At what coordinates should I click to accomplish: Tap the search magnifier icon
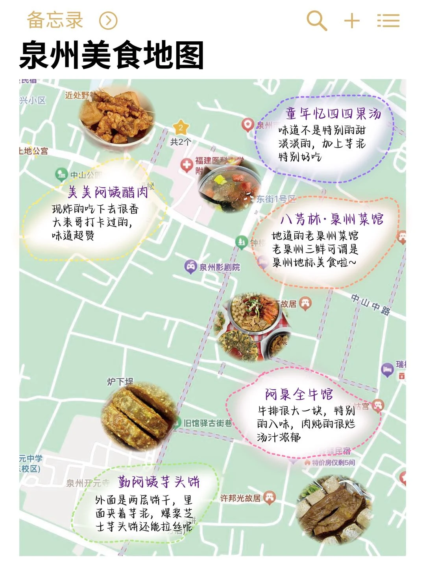(316, 20)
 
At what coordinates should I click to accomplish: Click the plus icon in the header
(352, 20)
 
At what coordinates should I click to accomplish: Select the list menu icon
(388, 20)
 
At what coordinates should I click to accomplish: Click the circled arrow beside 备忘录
(108, 20)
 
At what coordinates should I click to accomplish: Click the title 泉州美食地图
(111, 55)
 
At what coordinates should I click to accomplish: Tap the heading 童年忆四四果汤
(333, 114)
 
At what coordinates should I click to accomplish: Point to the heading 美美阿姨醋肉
(108, 192)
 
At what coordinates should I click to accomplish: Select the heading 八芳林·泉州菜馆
(332, 219)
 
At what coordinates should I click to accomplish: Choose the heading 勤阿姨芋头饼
(159, 482)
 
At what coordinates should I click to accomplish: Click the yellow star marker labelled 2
(181, 127)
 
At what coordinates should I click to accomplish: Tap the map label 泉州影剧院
(219, 267)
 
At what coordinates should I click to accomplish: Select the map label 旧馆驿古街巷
(208, 423)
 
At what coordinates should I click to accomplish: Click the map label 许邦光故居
(240, 498)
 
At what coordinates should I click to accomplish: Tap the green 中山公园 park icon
(61, 174)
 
